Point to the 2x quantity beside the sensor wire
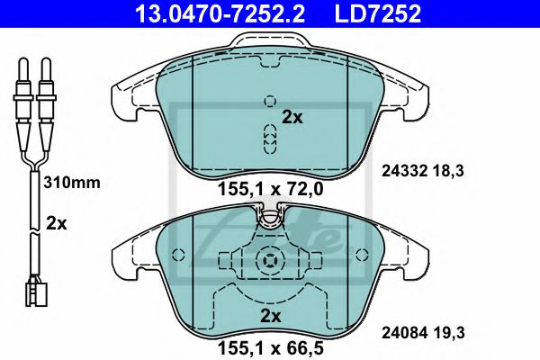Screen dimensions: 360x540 coord(56,224)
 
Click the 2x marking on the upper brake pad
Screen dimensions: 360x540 coord(292,116)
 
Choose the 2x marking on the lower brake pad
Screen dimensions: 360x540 coord(270,315)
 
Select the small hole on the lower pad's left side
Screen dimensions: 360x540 coord(176,253)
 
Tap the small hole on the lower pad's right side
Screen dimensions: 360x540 coord(363,253)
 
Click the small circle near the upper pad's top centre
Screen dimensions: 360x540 coord(268,102)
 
